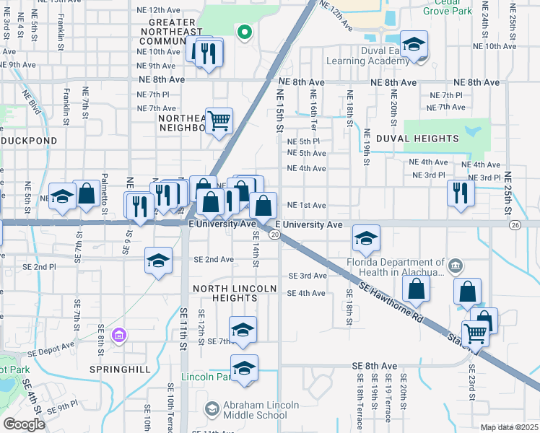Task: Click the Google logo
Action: [24, 424]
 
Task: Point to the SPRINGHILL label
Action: [120, 369]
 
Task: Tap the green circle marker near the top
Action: [245, 32]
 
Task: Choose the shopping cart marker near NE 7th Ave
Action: [218, 121]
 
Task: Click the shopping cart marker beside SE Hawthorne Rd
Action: [475, 334]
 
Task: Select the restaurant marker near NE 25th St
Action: [459, 193]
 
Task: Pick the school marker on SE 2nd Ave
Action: [159, 261]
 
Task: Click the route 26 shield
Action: [514, 225]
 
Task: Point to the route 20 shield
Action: [274, 235]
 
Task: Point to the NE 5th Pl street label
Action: [303, 141]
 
